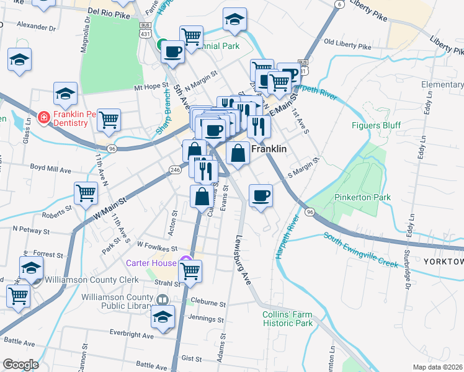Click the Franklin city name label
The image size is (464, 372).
click(270, 149)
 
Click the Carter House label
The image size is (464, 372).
click(151, 262)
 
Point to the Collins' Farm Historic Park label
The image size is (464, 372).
click(287, 319)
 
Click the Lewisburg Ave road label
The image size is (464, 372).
click(243, 260)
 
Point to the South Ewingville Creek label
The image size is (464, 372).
click(360, 249)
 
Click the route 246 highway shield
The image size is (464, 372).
click(175, 169)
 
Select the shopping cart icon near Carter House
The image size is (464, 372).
click(190, 270)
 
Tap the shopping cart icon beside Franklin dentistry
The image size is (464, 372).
click(109, 120)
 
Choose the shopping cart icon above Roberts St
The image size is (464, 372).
click(86, 193)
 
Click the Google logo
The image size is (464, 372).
click(20, 365)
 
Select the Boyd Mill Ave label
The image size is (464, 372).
click(51, 168)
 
